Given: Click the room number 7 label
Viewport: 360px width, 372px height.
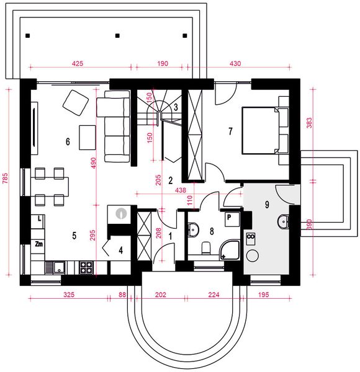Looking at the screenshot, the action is pos(230,131).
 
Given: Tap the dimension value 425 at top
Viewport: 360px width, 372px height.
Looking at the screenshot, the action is pos(78,64).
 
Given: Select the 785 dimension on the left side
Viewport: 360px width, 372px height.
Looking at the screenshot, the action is pos(5,179).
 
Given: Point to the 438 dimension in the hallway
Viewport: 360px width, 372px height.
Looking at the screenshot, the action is pos(181,190).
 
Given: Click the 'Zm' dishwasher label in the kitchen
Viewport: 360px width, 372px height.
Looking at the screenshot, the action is pos(38,244).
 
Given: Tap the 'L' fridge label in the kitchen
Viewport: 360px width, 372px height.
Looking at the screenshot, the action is pos(40,218).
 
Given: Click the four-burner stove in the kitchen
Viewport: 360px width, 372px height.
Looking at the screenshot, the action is pos(86,267).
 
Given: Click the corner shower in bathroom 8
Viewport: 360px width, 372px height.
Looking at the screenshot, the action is pos(229,250).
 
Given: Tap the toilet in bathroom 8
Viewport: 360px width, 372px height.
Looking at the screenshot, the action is pos(206,248).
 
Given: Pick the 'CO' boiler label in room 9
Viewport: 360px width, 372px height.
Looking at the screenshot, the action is pos(251,237).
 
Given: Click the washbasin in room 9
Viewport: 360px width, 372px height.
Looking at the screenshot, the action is pos(283,221).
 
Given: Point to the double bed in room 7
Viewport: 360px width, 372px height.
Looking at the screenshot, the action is pos(265,130).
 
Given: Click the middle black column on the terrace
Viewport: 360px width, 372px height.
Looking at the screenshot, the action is pos(117,35).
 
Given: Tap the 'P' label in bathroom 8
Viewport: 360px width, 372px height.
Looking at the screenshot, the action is pos(229,217).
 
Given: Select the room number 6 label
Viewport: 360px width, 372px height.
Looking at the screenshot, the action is pos(68,141).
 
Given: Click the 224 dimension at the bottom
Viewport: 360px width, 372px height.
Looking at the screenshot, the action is pos(214,294).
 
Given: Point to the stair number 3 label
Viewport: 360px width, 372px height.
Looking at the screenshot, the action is pos(176,107).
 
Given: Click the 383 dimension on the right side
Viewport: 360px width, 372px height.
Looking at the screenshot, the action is pos(310,123).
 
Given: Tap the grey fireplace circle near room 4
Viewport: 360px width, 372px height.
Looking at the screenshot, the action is pos(122,213).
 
